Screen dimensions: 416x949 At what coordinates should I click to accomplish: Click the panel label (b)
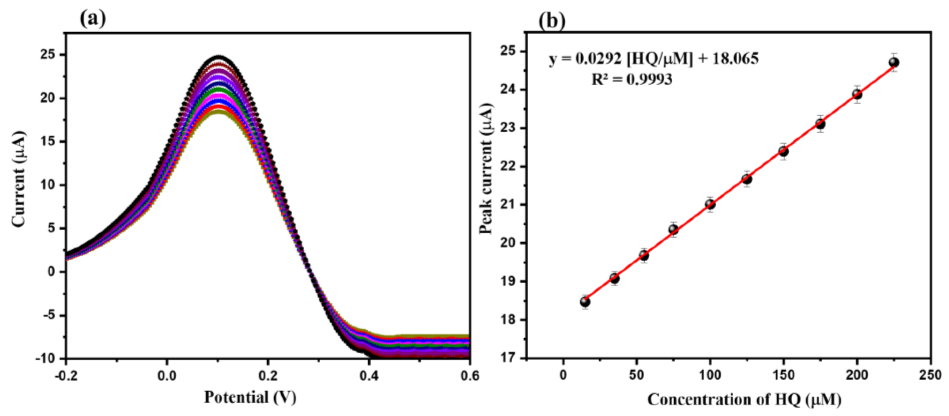point(552,21)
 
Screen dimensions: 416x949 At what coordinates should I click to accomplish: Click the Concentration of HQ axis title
point(744,399)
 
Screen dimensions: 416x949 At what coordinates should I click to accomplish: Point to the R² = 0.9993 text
point(631,79)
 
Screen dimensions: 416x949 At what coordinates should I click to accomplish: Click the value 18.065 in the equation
point(735,59)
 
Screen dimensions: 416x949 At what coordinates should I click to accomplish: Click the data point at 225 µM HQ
point(894,62)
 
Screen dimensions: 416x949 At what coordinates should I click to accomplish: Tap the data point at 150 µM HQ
point(784,151)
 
